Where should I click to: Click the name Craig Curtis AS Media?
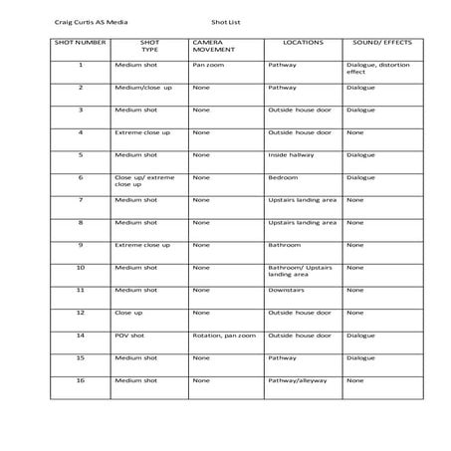pyautogui.click(x=90, y=19)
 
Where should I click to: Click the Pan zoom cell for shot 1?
pyautogui.click(x=208, y=65)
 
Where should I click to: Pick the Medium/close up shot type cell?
pyautogui.click(x=142, y=88)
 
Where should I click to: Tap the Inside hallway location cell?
pyautogui.click(x=292, y=154)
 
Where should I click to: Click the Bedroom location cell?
pyautogui.click(x=283, y=177)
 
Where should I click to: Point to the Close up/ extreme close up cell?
pyautogui.click(x=143, y=181)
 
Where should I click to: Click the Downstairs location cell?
pyautogui.click(x=286, y=290)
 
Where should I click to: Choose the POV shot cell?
pyautogui.click(x=129, y=335)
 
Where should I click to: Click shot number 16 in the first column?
pyautogui.click(x=80, y=379)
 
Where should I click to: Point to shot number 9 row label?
pyautogui.click(x=80, y=245)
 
